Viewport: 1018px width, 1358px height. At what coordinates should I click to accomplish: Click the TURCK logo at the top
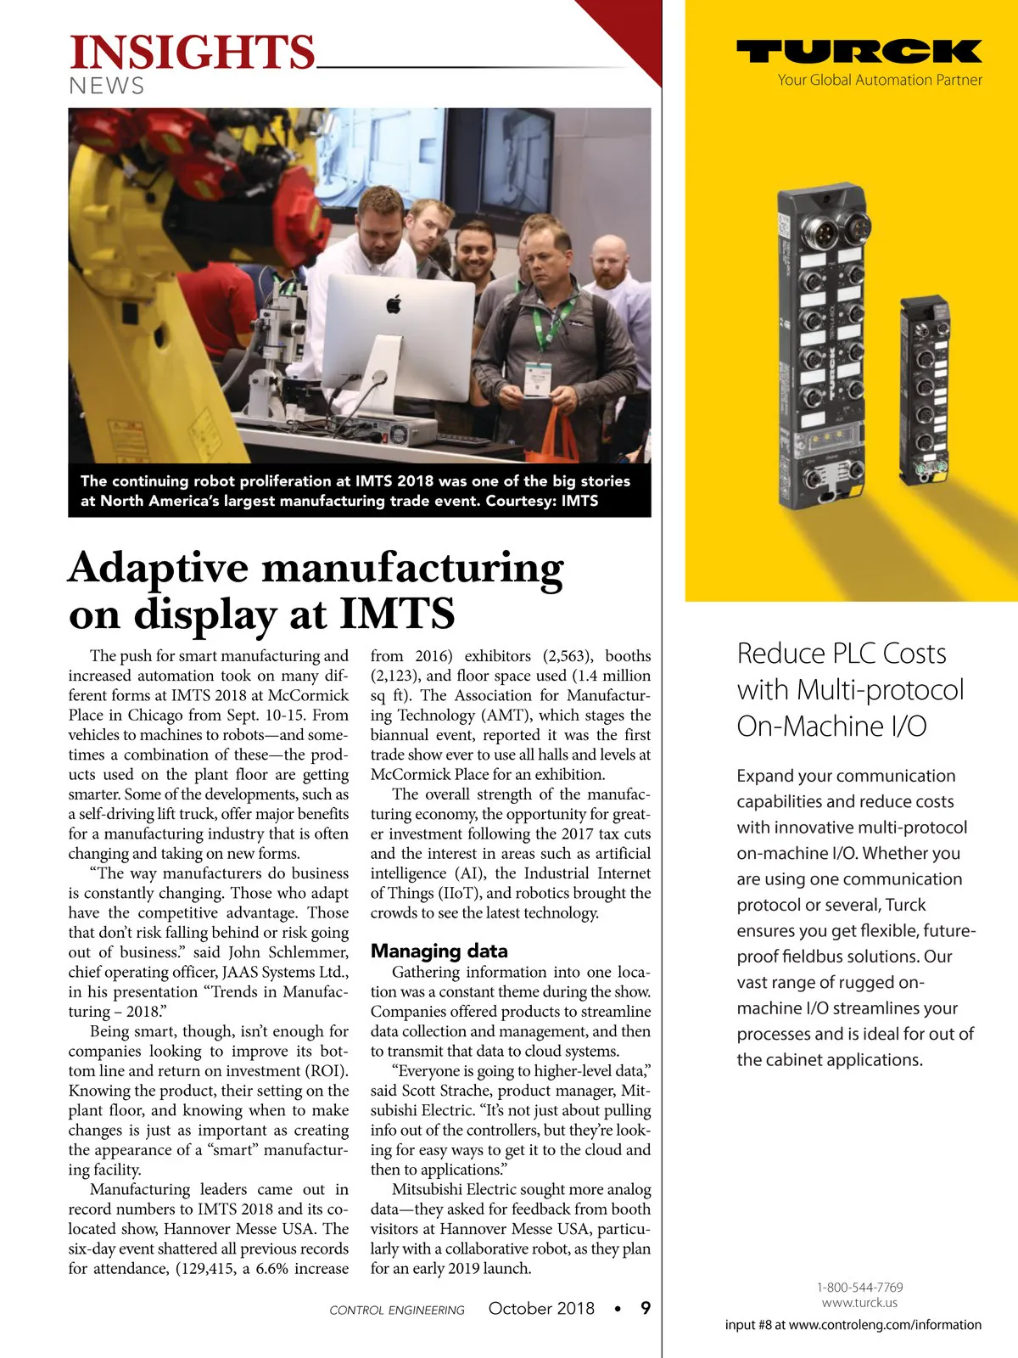point(859,53)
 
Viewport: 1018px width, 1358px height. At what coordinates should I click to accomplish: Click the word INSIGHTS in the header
point(193,53)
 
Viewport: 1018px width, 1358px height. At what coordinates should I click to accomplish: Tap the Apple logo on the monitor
point(394,304)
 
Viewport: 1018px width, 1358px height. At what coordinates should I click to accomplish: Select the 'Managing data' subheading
point(439,951)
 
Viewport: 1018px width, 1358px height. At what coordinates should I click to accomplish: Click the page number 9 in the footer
point(646,1308)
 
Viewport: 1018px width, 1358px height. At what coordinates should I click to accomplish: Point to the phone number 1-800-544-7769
point(859,1287)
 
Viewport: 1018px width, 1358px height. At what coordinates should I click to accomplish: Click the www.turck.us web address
point(859,1303)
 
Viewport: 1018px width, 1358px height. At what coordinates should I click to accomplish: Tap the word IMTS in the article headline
point(397,613)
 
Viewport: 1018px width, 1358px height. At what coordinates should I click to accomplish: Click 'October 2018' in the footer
point(541,1308)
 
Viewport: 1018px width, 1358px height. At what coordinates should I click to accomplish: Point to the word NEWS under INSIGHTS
point(106,86)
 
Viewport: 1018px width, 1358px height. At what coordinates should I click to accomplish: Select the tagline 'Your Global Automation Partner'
point(880,80)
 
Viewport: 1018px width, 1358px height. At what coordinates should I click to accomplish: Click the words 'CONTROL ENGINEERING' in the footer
point(397,1310)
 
